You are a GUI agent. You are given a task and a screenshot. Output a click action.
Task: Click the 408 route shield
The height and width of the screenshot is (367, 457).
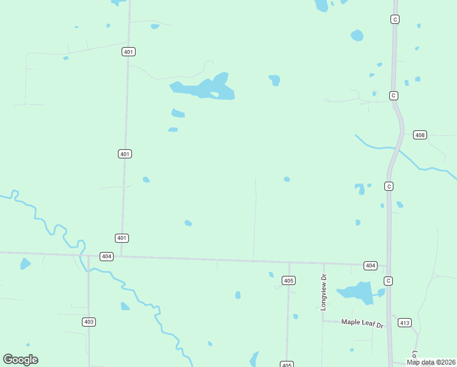click(420, 135)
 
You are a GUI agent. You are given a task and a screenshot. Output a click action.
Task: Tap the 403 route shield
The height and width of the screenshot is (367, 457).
click(89, 322)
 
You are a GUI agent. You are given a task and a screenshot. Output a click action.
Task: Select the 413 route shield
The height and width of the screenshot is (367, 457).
click(404, 322)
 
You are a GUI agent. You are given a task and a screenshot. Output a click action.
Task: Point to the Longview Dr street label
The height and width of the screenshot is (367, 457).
click(324, 292)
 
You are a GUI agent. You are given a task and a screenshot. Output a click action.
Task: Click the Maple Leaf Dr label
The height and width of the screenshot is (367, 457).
click(362, 322)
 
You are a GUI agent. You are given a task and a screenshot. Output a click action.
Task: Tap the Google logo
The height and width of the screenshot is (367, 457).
click(20, 360)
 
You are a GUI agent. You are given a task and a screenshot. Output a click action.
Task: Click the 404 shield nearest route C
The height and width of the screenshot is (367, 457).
click(370, 265)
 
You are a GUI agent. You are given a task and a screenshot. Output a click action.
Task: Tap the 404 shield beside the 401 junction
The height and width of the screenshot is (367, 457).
click(106, 257)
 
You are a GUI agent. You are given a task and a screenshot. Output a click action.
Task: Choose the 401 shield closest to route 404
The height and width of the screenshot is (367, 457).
click(122, 238)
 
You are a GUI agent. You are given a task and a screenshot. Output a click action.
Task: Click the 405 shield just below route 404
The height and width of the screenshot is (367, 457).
click(289, 280)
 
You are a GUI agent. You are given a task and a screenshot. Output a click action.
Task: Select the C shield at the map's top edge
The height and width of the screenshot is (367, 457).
click(395, 20)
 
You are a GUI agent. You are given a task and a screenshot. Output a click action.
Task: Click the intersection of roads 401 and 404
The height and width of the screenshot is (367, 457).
click(121, 257)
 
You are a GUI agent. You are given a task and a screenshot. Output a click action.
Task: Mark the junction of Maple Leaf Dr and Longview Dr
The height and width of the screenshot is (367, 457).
click(323, 321)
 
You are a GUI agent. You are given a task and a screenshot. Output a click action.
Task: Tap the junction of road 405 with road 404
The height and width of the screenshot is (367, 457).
click(289, 263)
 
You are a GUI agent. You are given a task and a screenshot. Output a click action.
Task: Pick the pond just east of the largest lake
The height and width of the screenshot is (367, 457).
click(275, 80)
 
